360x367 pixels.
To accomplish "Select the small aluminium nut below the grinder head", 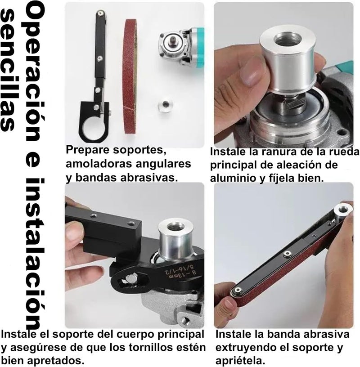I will (x=163, y=107).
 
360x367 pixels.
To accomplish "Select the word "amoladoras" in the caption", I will (x=97, y=164).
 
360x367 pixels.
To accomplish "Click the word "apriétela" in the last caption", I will (x=238, y=361).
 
